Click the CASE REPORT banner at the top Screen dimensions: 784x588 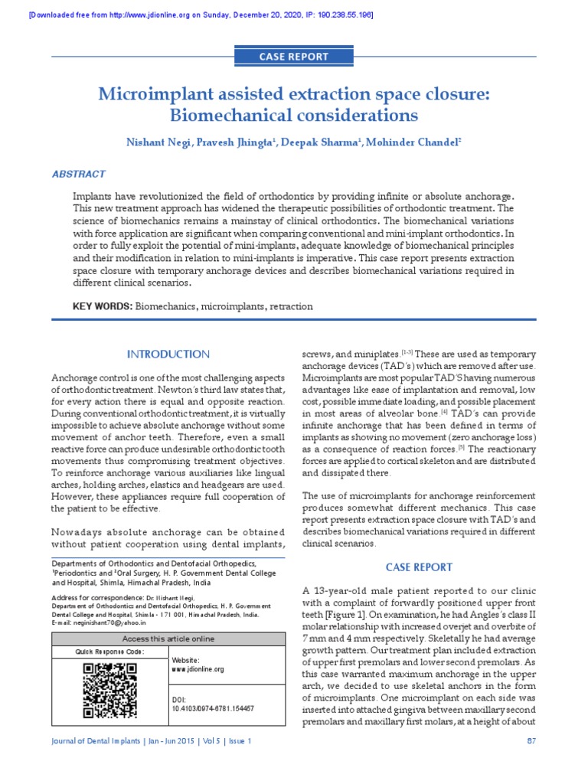point(295,57)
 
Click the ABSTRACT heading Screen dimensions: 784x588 point(78,175)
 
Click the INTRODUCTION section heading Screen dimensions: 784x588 point(168,354)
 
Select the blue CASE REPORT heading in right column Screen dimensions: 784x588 point(418,567)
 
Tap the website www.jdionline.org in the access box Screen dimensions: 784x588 point(198,669)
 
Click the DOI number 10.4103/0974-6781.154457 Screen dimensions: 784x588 point(212,709)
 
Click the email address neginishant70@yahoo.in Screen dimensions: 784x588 point(111,622)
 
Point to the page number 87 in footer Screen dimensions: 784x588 point(531,741)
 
